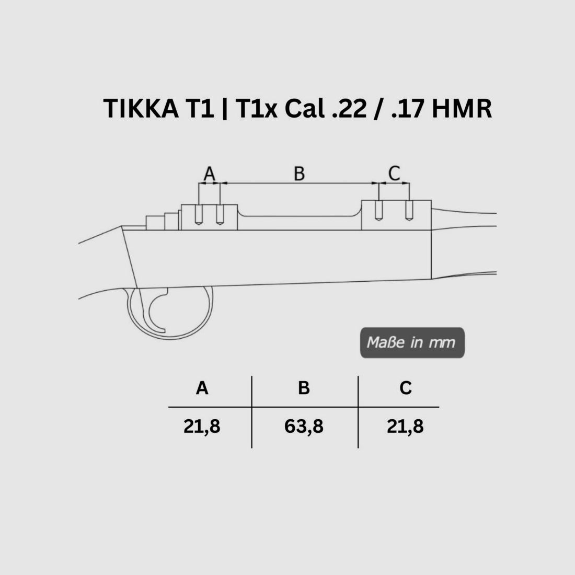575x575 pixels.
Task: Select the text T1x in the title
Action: (251, 109)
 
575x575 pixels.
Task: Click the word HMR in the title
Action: (464, 109)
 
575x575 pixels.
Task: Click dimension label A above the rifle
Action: (209, 174)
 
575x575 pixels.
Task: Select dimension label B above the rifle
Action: (299, 174)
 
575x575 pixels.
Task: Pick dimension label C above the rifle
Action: (394, 172)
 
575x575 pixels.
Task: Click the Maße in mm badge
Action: (411, 343)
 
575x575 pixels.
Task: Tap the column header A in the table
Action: (202, 388)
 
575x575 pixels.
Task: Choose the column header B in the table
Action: (304, 388)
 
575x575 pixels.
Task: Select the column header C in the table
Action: (405, 388)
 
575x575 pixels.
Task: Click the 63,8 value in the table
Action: (304, 427)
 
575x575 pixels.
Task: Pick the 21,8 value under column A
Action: (202, 427)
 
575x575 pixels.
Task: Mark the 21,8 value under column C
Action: (405, 427)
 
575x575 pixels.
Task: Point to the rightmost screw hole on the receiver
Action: (409, 212)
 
